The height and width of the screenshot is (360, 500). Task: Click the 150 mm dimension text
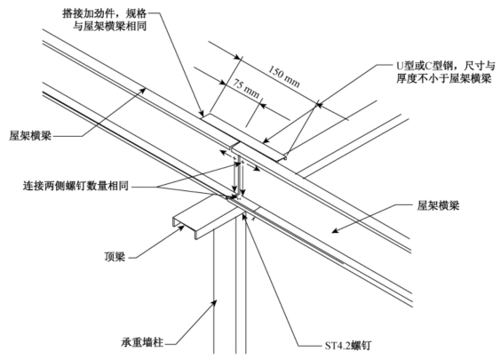click(x=283, y=76)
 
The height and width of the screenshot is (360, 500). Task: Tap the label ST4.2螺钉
click(x=348, y=345)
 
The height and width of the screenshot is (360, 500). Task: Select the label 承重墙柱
click(x=142, y=342)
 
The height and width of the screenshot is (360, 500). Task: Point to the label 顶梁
click(x=115, y=257)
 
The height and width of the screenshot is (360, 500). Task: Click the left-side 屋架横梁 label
click(x=30, y=136)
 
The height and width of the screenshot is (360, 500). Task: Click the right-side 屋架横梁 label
click(x=438, y=206)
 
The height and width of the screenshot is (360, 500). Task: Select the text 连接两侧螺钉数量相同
click(x=75, y=186)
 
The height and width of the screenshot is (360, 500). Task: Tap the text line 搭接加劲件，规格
click(x=104, y=13)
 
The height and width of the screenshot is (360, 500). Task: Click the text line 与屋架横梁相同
click(x=110, y=26)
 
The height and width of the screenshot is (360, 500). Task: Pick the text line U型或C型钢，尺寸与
click(x=446, y=66)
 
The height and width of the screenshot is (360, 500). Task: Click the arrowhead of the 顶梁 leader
click(x=182, y=227)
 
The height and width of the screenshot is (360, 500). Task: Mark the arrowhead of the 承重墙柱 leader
click(x=215, y=302)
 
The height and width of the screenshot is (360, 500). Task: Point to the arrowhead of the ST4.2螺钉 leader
click(x=244, y=216)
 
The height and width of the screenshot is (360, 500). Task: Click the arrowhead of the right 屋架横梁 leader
click(x=334, y=230)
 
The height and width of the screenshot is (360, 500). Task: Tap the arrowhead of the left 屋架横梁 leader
click(x=144, y=90)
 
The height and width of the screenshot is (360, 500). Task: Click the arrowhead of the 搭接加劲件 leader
click(x=202, y=114)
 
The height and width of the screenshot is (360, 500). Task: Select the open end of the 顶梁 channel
click(x=176, y=222)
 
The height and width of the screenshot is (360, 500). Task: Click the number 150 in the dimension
click(x=275, y=72)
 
